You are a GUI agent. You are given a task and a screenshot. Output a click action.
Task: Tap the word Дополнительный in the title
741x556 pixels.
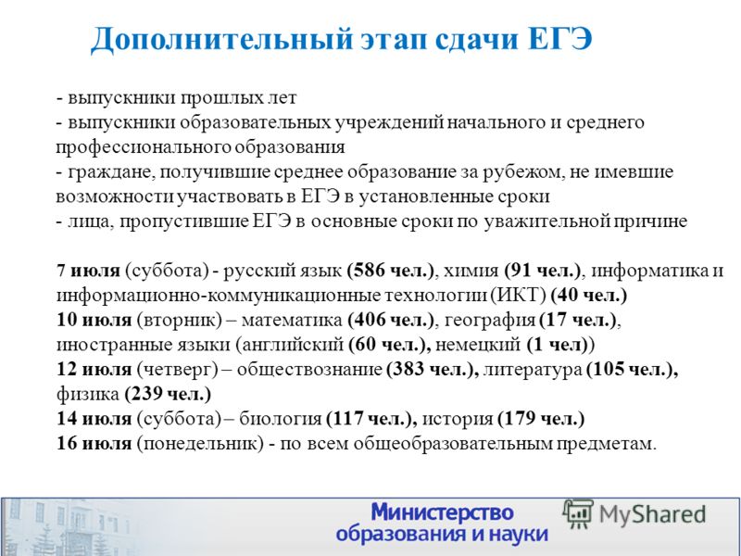point(221,40)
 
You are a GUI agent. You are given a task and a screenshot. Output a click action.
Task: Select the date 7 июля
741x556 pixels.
point(88,271)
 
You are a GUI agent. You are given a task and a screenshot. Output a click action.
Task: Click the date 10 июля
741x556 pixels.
point(94,320)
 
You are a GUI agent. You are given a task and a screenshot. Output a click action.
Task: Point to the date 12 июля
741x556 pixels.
point(94,369)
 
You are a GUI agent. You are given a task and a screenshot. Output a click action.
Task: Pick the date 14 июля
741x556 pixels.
point(94,419)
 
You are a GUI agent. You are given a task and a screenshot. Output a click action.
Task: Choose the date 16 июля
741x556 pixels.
point(94,444)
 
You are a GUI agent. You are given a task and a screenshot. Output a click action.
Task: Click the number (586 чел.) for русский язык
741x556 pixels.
point(390,271)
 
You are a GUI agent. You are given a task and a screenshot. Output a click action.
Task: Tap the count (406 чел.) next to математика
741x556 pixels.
point(390,320)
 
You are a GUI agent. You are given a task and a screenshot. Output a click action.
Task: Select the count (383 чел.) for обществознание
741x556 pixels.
point(429,369)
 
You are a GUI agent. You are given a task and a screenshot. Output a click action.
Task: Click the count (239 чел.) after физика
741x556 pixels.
point(168,394)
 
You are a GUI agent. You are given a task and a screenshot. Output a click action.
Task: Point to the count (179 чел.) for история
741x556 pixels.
point(541,419)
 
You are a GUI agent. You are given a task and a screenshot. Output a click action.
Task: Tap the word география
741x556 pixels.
point(490,321)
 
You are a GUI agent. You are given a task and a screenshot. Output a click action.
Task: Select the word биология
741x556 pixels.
point(281,419)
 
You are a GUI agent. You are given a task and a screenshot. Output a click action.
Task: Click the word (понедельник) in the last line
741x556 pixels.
point(200,444)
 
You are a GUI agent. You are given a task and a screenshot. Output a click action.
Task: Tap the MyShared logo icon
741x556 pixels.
point(577,513)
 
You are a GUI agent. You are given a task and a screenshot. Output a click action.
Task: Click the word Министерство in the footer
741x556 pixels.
point(443,512)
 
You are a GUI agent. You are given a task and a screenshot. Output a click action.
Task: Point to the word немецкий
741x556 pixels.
point(478,345)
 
